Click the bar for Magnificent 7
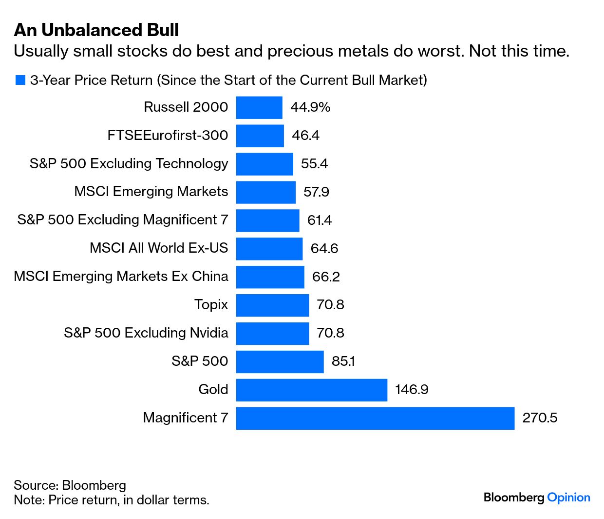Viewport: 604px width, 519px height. click(x=375, y=418)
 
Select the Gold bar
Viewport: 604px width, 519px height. click(x=311, y=390)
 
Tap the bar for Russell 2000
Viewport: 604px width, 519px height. click(x=259, y=107)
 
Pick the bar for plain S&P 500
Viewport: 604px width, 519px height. click(x=280, y=361)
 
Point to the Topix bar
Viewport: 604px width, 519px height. click(x=272, y=305)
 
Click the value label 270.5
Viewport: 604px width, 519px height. click(x=540, y=418)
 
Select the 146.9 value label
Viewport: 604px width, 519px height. click(x=412, y=390)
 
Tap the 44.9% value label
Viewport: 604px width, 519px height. click(x=310, y=107)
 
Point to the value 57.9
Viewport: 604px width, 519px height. click(x=316, y=192)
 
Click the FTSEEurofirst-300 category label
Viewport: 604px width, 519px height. click(x=168, y=136)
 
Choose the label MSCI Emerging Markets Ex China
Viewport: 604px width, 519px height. click(x=121, y=277)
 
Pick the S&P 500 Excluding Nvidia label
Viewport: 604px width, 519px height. click(x=146, y=333)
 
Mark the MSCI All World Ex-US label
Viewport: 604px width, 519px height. click(x=159, y=248)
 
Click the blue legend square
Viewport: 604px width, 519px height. click(x=20, y=80)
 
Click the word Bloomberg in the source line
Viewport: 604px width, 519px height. click(x=94, y=485)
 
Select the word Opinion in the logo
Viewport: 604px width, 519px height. click(x=568, y=498)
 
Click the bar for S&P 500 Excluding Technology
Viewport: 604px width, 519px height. click(x=264, y=164)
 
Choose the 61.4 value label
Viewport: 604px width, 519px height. click(x=319, y=220)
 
